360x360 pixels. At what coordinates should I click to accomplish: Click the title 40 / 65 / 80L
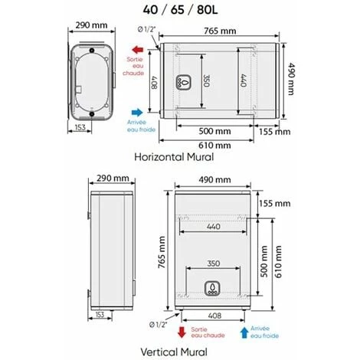click(180, 10)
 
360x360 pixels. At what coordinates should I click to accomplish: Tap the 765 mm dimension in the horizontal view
click(220, 31)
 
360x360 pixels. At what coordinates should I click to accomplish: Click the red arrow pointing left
click(138, 50)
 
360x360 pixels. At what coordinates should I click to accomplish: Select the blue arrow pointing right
click(137, 113)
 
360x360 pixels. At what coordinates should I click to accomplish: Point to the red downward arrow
click(182, 332)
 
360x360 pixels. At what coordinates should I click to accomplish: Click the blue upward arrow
click(244, 332)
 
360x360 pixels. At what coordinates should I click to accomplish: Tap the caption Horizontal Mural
click(174, 157)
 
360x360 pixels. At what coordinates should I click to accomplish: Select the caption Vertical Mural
click(174, 352)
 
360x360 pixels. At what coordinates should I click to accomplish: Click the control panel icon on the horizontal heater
click(183, 82)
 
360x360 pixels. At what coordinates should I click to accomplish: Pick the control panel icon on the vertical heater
click(211, 289)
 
